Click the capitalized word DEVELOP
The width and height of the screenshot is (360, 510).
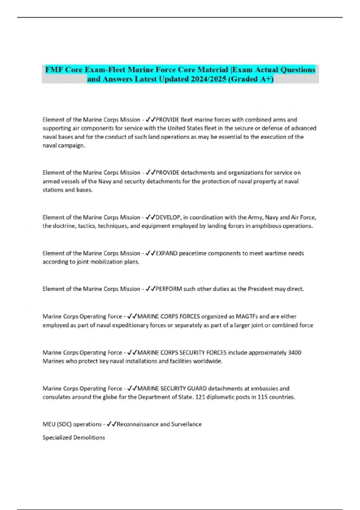click(x=168, y=217)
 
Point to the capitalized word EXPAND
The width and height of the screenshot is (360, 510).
click(x=166, y=253)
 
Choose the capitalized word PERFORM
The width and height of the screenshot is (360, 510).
click(x=169, y=289)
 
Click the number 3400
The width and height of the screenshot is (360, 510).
click(x=294, y=352)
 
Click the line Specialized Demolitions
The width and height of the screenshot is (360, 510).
click(x=74, y=437)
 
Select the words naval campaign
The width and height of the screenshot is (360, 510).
click(x=63, y=145)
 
